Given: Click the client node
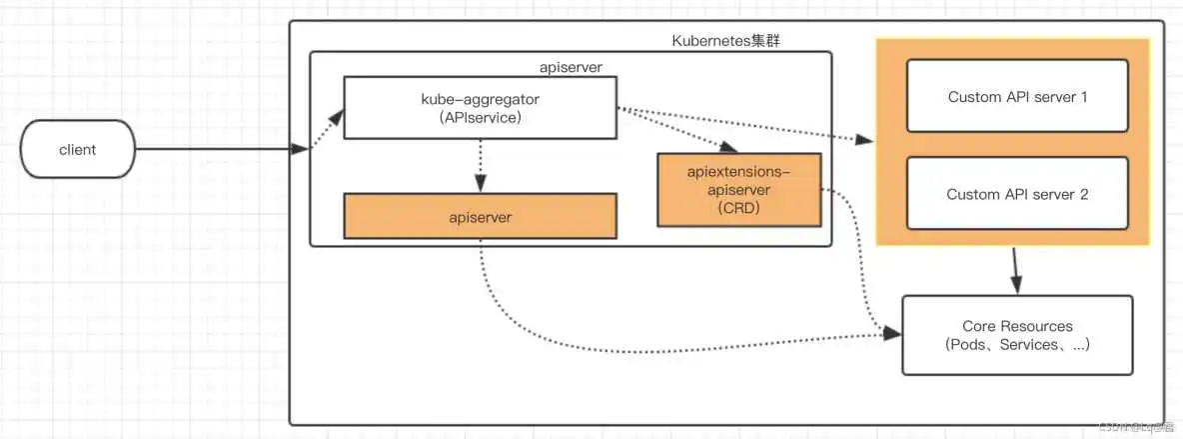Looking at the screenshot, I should (77, 150).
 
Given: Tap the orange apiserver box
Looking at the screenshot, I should (479, 216).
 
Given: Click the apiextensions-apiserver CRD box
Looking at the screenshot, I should (738, 189).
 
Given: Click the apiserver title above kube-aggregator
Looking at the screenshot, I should (570, 66).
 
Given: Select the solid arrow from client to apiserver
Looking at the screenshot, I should (220, 150).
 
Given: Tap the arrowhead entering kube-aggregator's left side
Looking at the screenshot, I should (338, 116).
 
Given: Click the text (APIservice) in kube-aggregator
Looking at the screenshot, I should (479, 117).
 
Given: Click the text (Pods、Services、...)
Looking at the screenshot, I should (1017, 345).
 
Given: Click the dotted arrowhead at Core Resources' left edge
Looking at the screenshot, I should (892, 334).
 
